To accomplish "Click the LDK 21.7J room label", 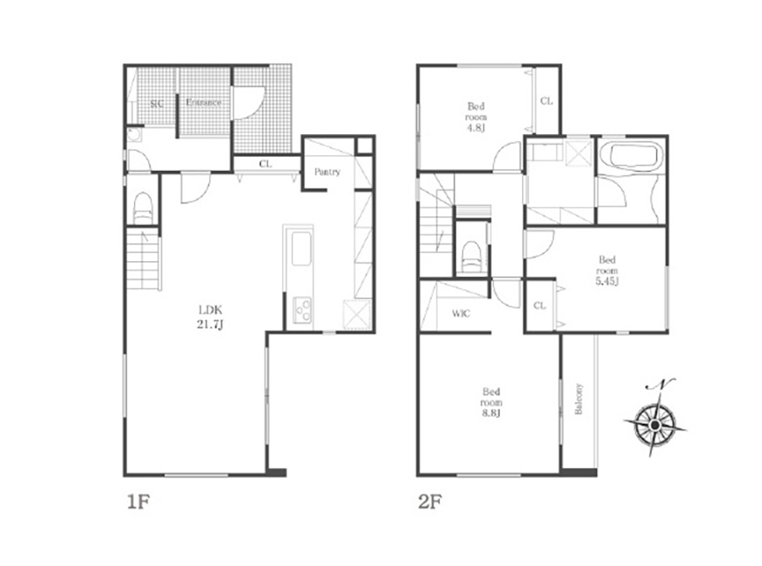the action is point(210,317).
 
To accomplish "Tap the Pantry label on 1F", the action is point(327,172).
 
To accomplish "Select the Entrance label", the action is point(203,103).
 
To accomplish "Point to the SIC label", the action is point(157,103).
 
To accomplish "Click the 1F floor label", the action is point(138,502).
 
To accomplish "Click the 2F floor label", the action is point(429,502).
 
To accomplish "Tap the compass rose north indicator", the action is point(655,418).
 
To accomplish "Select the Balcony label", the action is point(578,400).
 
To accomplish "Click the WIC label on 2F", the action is point(461,314).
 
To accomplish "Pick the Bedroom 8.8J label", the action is point(491,402).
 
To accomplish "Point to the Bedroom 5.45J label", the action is point(607,271).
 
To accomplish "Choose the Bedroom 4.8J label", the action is point(476,117).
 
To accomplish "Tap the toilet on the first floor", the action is point(143,209).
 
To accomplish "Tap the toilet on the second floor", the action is point(470,256).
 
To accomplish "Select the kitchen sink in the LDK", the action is point(300,249).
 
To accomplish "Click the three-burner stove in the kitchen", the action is point(302,310).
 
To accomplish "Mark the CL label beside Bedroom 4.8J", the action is point(547,101).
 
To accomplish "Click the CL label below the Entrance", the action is point(265,164).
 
